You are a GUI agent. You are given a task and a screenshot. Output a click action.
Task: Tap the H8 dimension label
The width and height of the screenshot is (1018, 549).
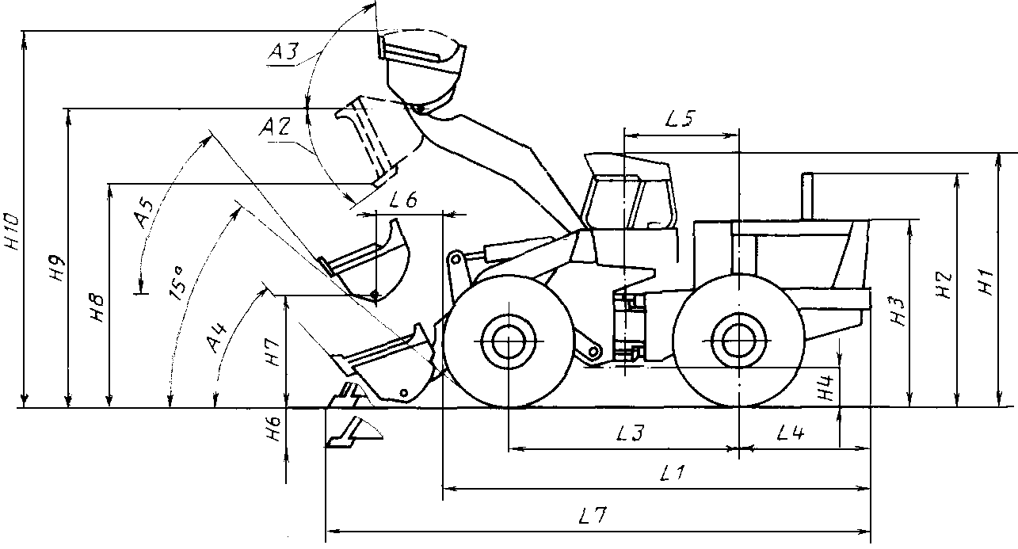tap(97, 309)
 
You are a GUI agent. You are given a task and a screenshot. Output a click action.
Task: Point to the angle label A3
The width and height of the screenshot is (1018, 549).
tap(284, 52)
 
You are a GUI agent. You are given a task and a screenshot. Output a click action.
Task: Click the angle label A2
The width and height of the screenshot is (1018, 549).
tap(275, 126)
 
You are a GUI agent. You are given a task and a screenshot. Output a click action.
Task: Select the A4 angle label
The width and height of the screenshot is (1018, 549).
tap(216, 337)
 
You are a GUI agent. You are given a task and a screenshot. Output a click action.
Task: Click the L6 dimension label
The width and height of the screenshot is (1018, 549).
tap(403, 199)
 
